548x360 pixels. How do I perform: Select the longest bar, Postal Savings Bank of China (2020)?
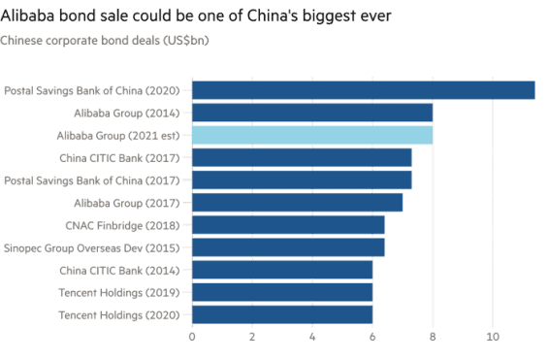(364, 90)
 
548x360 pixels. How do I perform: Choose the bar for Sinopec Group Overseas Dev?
(289, 247)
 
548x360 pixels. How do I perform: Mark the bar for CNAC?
(289, 225)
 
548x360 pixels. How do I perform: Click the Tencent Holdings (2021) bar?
(282, 292)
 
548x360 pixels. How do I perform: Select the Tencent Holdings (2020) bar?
(282, 314)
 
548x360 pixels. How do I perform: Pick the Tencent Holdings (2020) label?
(120, 315)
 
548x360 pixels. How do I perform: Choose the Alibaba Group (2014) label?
(127, 114)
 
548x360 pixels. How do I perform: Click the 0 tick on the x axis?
(192, 336)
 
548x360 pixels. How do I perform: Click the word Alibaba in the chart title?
(27, 17)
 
